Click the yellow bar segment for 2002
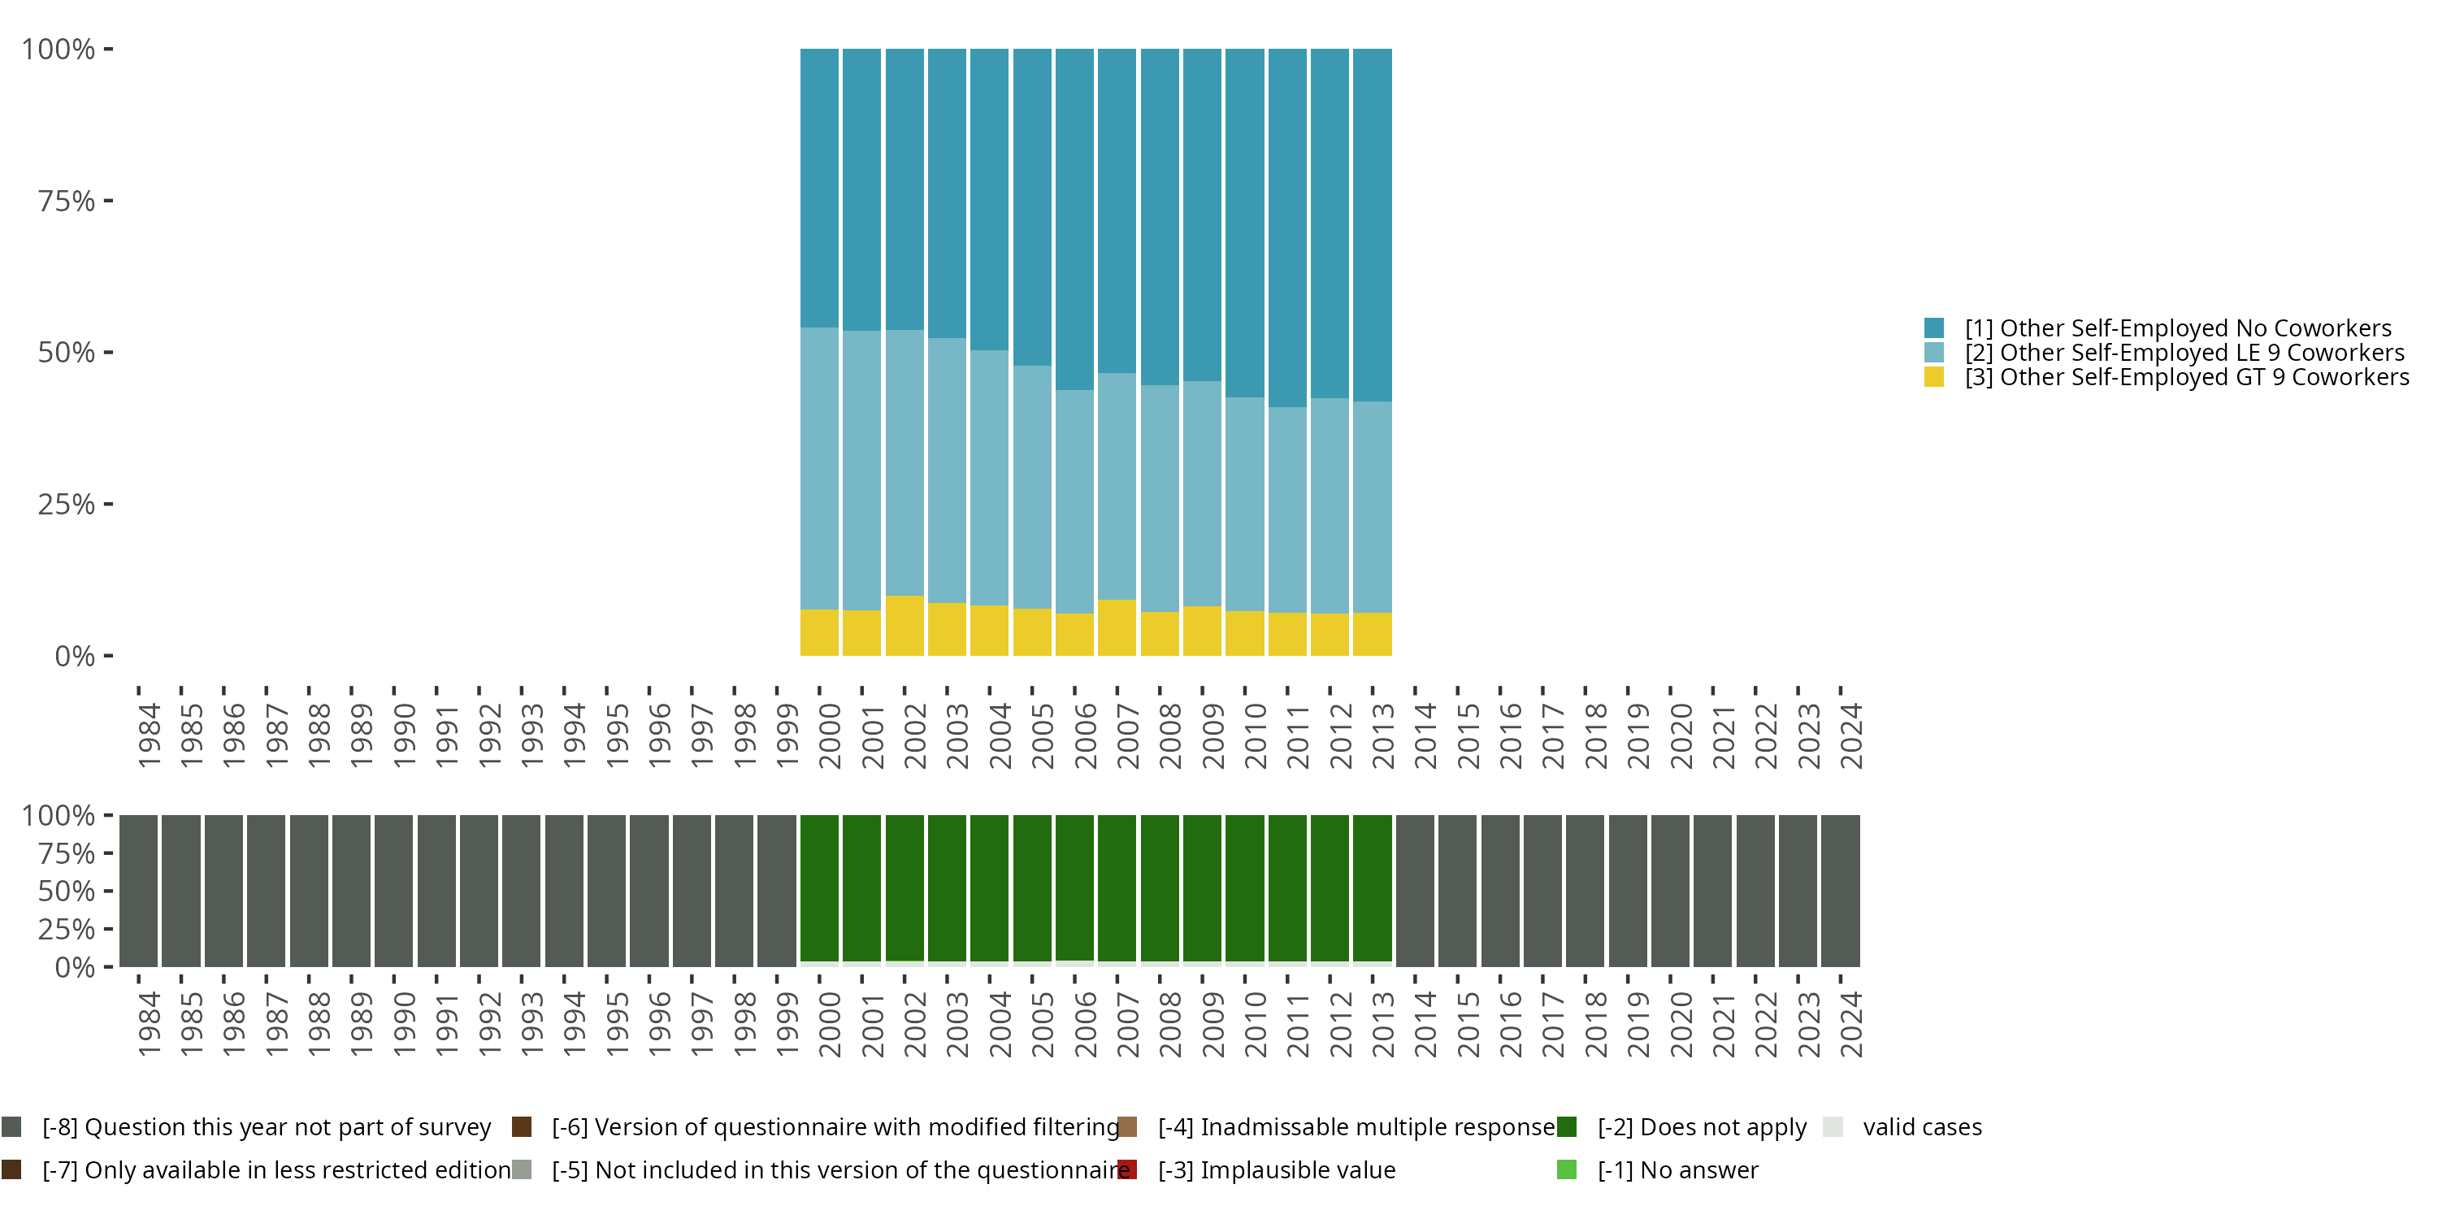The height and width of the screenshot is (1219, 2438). pyautogui.click(x=904, y=626)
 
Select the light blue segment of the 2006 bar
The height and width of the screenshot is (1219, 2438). pyautogui.click(x=1074, y=501)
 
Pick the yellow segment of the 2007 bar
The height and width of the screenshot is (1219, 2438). pyautogui.click(x=1117, y=627)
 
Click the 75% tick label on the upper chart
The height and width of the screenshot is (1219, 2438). pyautogui.click(x=67, y=201)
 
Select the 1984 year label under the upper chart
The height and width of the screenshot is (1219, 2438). pyautogui.click(x=149, y=735)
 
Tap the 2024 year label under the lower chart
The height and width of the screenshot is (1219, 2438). pyautogui.click(x=1850, y=1024)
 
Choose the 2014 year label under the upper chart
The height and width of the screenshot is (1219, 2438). pyautogui.click(x=1425, y=735)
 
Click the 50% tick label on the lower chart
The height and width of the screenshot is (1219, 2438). pyautogui.click(x=67, y=891)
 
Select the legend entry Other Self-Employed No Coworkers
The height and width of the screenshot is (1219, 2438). pyautogui.click(x=2178, y=328)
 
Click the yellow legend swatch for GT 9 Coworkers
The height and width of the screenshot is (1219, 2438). pyautogui.click(x=1933, y=377)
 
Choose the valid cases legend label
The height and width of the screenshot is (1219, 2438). pyautogui.click(x=1921, y=1126)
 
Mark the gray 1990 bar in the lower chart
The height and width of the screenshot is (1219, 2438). pyautogui.click(x=393, y=890)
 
